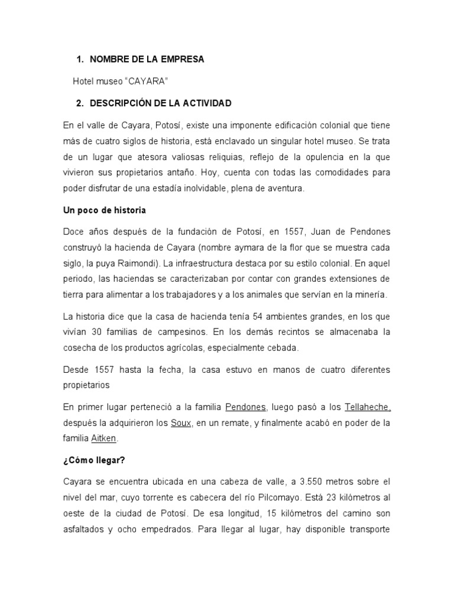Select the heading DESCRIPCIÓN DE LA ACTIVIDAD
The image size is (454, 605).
[161, 103]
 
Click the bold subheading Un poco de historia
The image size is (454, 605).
[104, 210]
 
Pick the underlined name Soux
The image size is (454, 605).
[181, 424]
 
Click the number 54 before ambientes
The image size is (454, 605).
[249, 316]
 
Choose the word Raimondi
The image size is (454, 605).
[134, 263]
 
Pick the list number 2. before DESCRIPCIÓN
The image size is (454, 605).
[80, 103]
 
